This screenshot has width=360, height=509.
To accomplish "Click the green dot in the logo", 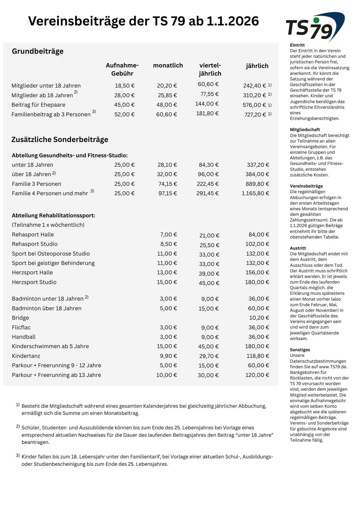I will [x=316, y=20].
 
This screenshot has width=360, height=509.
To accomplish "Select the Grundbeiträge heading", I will [x=38, y=51].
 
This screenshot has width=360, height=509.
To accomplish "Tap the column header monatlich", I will [x=168, y=65].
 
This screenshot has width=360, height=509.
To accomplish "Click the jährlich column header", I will [x=257, y=66].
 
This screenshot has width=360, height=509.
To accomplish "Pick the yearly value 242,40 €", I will [x=254, y=86].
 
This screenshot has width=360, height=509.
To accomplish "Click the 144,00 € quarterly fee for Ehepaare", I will [x=207, y=104].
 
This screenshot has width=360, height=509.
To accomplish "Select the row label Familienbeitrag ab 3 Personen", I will [x=51, y=114].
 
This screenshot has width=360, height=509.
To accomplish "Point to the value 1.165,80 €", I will [x=255, y=193].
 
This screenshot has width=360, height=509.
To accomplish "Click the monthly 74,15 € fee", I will [x=167, y=184].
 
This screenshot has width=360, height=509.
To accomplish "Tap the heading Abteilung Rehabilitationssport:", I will [x=53, y=215].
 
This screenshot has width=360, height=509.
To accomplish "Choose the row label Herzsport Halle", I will [x=32, y=272].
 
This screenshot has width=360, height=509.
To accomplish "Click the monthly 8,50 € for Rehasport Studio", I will [x=169, y=244].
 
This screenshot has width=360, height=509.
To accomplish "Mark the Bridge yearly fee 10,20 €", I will [x=259, y=318].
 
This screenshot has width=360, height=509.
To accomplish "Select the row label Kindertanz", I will [x=26, y=356].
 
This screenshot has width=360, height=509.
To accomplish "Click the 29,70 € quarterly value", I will [x=209, y=356].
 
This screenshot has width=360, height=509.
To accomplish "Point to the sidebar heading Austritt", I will [x=298, y=248].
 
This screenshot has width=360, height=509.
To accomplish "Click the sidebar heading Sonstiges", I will [x=300, y=350].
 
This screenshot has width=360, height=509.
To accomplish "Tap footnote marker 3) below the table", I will [x=18, y=455].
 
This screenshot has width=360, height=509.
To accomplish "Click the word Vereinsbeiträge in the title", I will [x=77, y=21].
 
